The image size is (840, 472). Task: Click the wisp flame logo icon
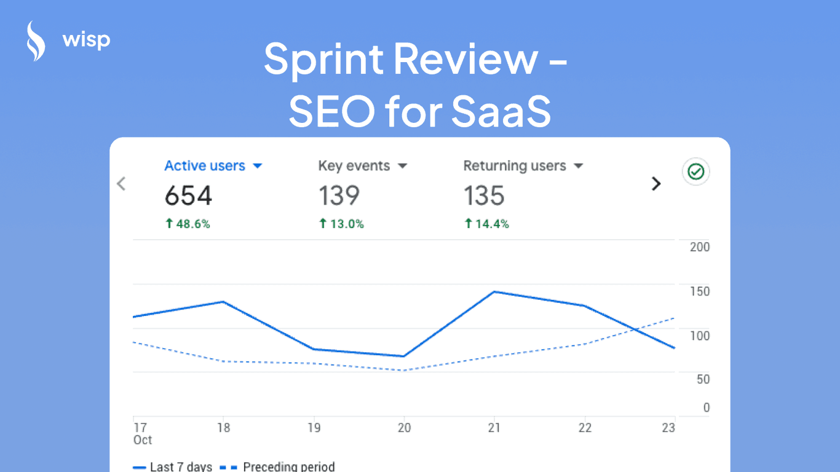pyautogui.click(x=36, y=41)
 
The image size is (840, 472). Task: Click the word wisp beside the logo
pyautogui.click(x=86, y=41)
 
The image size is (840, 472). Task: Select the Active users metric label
pyautogui.click(x=205, y=166)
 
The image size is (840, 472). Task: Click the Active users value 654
pyautogui.click(x=188, y=196)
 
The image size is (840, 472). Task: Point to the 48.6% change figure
pyautogui.click(x=188, y=224)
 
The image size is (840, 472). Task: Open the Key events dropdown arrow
pyautogui.click(x=403, y=167)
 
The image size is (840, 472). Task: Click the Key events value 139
pyautogui.click(x=339, y=196)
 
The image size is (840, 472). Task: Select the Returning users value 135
pyautogui.click(x=484, y=196)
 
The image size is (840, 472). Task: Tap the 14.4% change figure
pyautogui.click(x=487, y=224)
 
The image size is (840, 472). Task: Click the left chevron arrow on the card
pyautogui.click(x=121, y=183)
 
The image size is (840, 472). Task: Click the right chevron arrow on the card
pyautogui.click(x=656, y=183)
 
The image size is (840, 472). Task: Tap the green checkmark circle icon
pyautogui.click(x=696, y=171)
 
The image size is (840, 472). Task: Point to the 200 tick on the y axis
pyautogui.click(x=700, y=247)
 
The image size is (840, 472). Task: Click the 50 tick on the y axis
pyautogui.click(x=702, y=379)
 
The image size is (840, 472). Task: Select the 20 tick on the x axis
pyautogui.click(x=404, y=428)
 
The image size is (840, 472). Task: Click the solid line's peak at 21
pyautogui.click(x=494, y=291)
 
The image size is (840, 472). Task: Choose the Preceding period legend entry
pyautogui.click(x=288, y=466)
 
